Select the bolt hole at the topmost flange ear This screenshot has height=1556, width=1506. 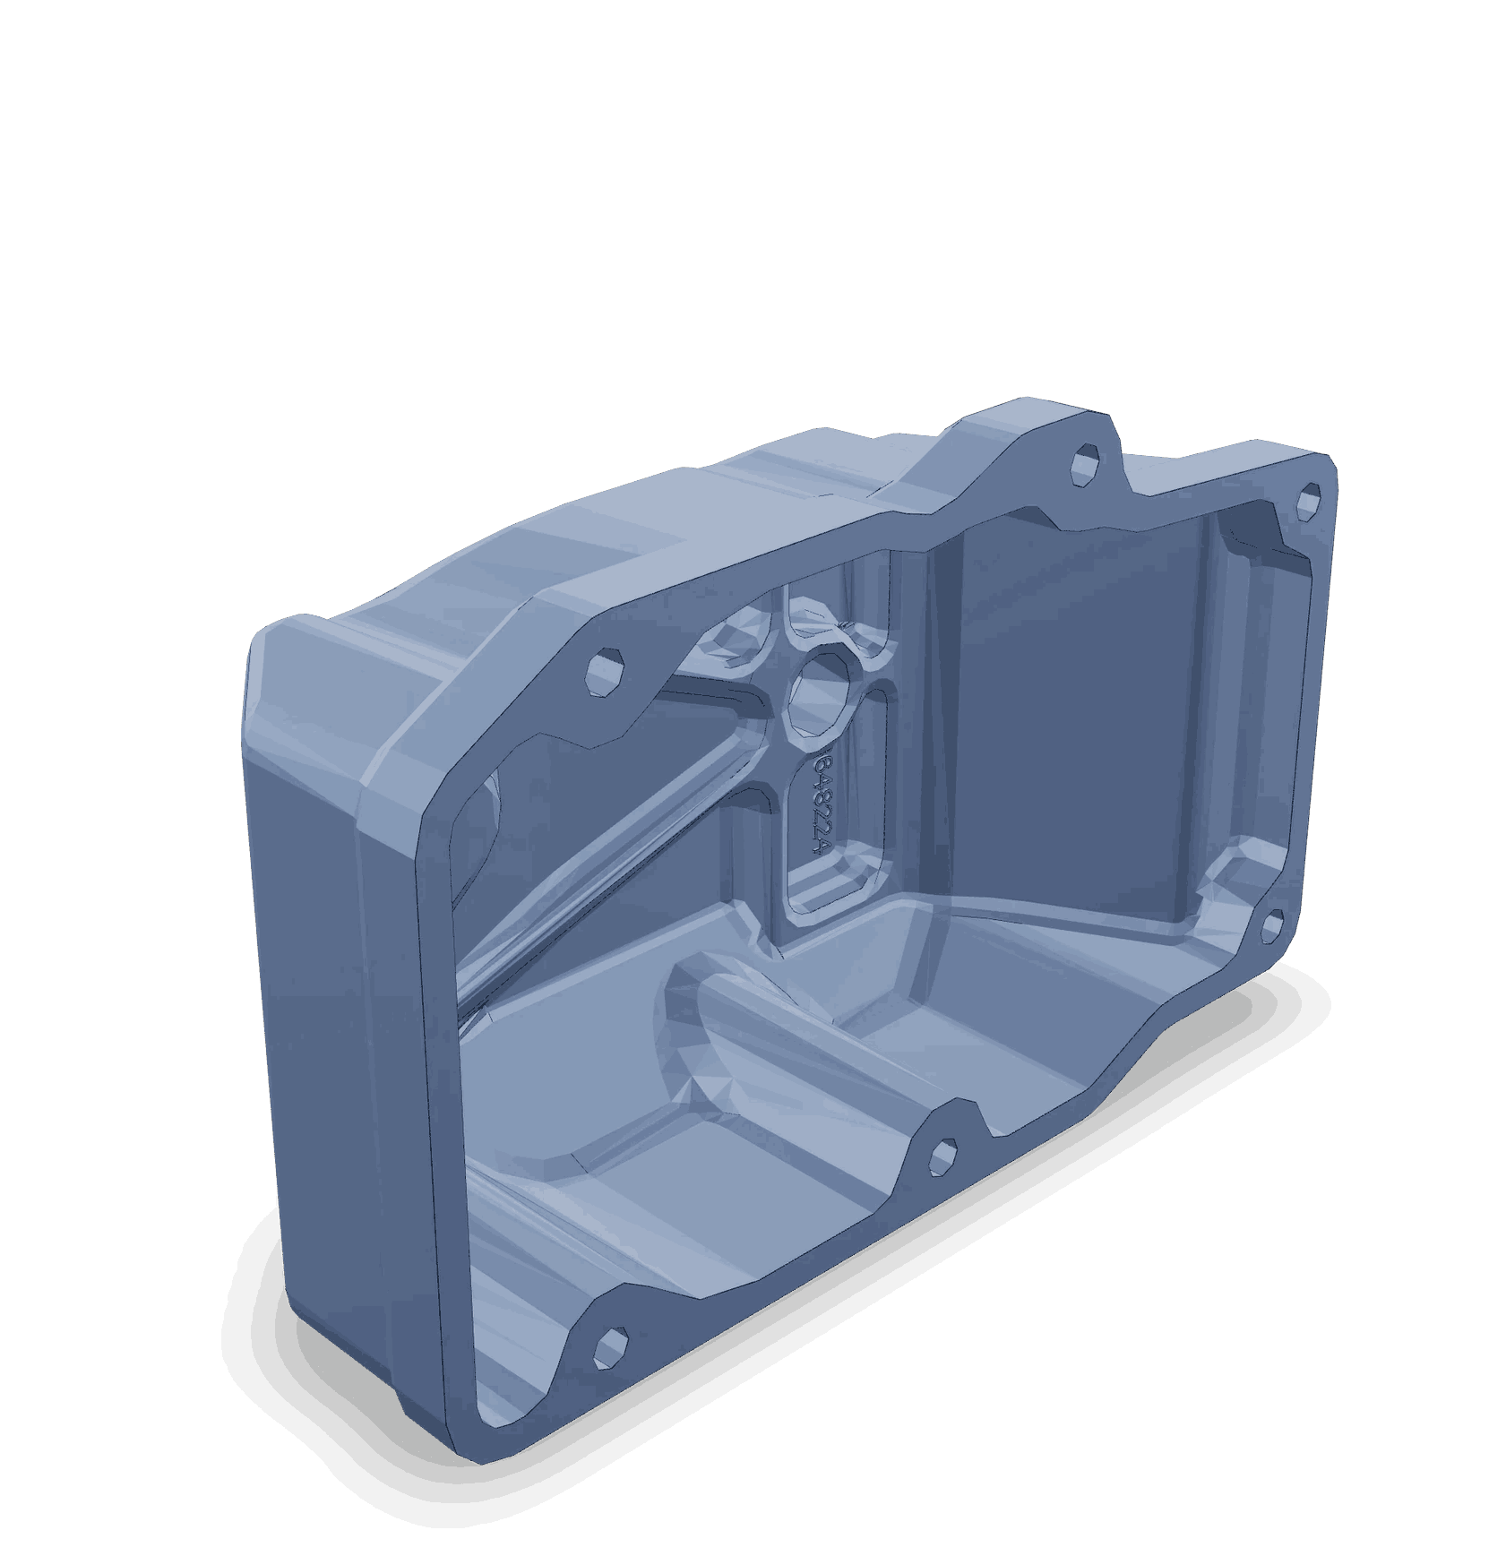pos(1085,464)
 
